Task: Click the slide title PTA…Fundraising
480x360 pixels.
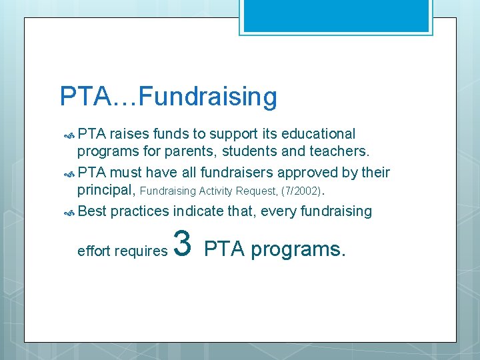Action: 168,97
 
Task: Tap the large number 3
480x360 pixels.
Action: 183,244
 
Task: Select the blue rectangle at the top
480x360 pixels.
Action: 335,15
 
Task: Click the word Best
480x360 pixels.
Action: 92,211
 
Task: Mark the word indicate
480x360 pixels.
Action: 198,211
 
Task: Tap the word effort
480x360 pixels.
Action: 95,251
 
